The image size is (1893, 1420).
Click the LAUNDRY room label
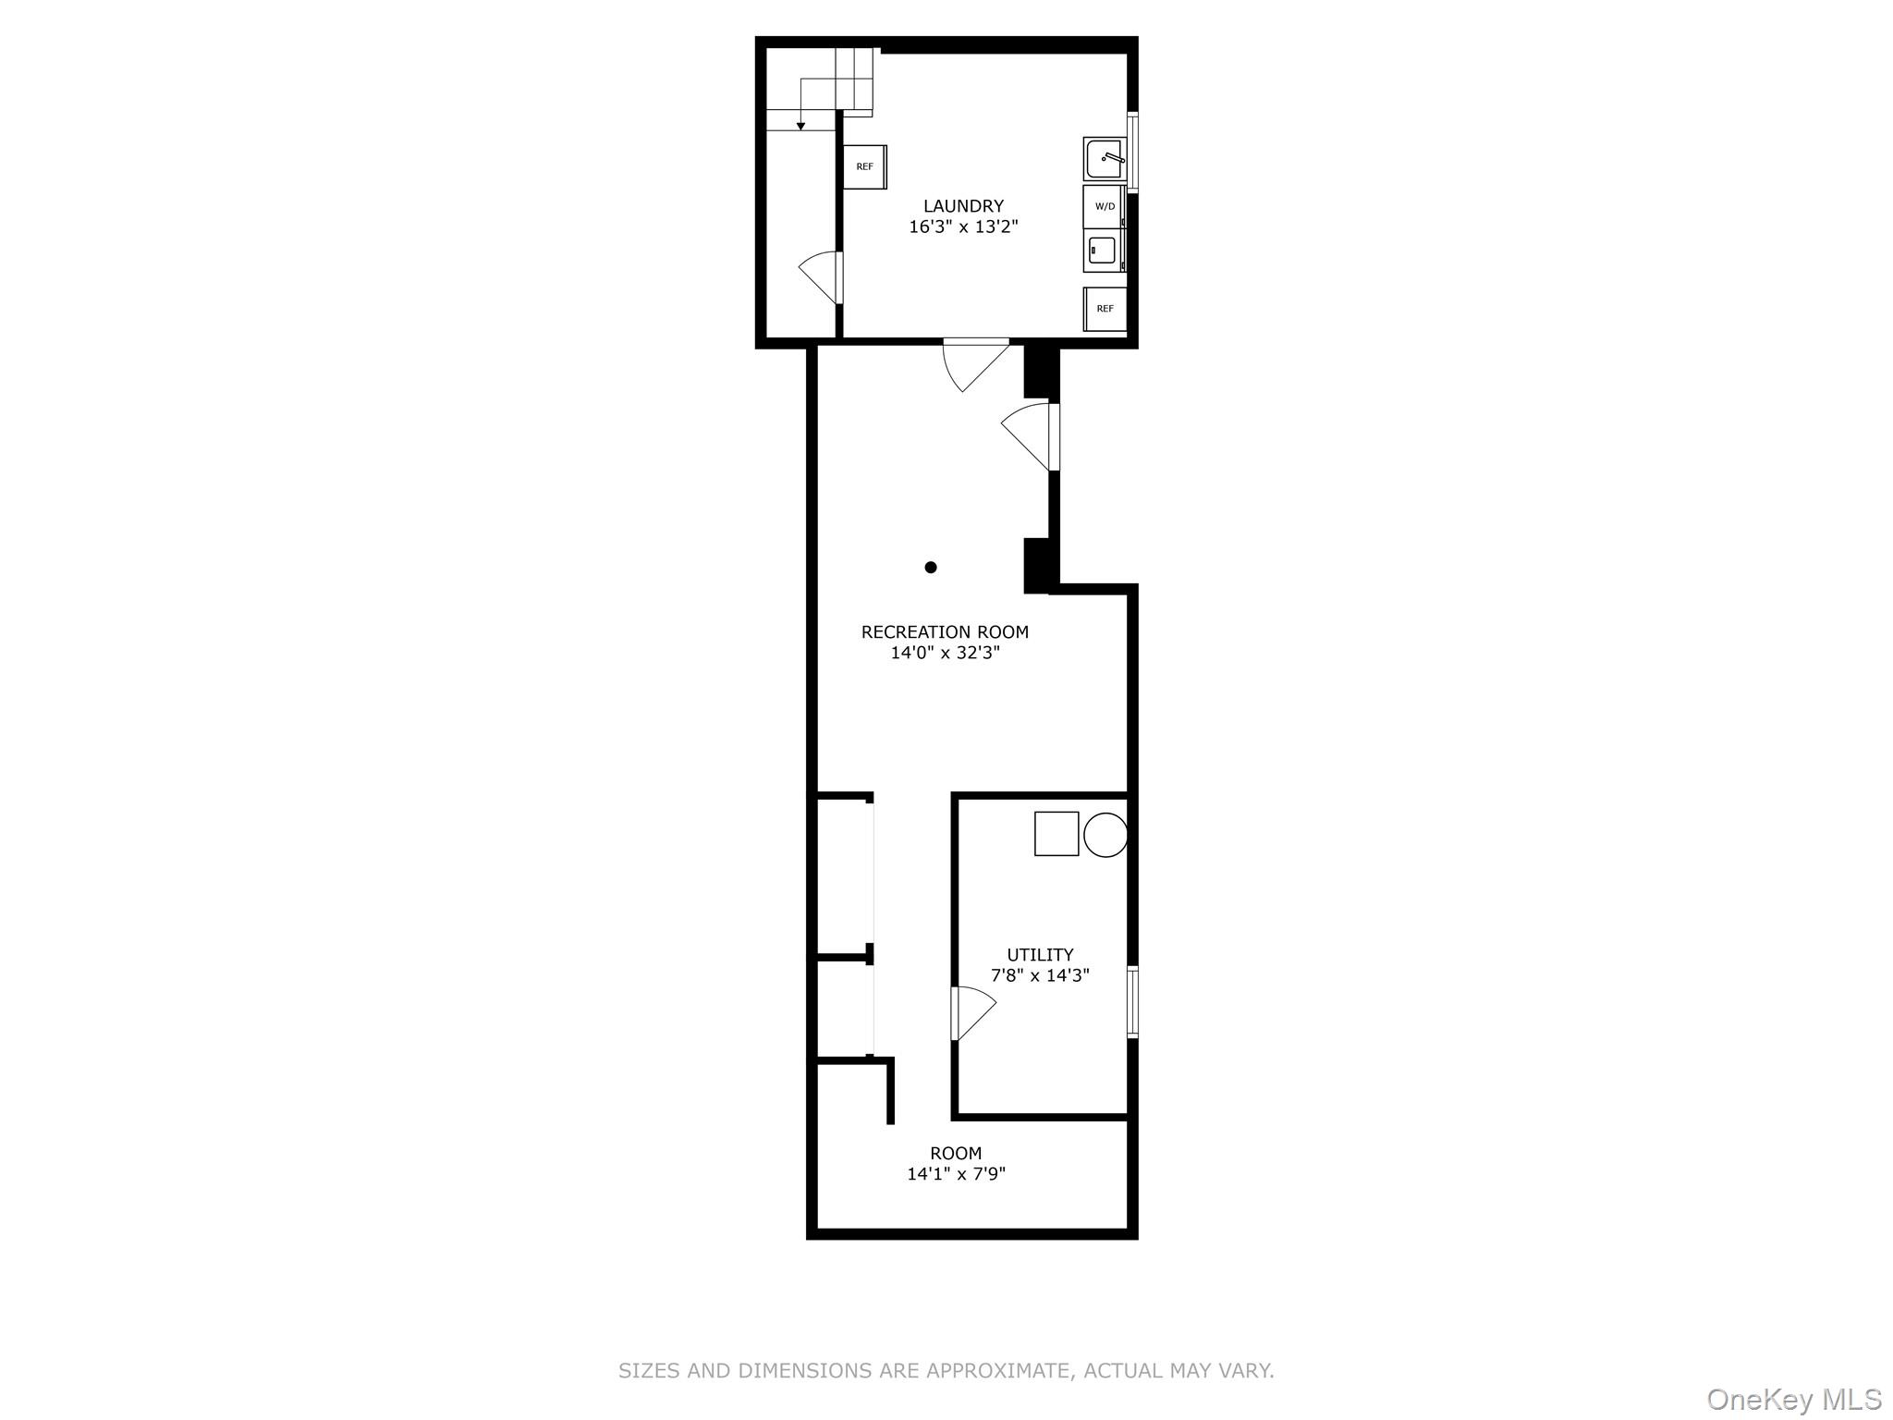click(963, 206)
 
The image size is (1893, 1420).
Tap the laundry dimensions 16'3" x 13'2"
click(963, 226)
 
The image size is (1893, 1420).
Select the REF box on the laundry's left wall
click(864, 167)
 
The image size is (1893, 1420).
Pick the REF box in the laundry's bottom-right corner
click(1105, 309)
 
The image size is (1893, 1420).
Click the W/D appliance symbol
click(1105, 207)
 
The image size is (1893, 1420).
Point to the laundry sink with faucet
click(1105, 159)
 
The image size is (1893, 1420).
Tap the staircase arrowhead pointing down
click(800, 126)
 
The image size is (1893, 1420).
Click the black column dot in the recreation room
click(931, 568)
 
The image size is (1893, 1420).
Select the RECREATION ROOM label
click(945, 632)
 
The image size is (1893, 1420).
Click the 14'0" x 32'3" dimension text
click(945, 653)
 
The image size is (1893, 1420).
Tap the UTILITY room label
click(1040, 955)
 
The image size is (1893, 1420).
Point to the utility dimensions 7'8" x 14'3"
click(1040, 975)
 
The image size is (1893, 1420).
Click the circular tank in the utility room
click(1105, 835)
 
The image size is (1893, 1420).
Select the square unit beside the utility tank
click(1056, 834)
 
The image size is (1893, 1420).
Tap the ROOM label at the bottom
click(956, 1154)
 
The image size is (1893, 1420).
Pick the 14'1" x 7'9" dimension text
click(956, 1174)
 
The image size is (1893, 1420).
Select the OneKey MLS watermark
click(1793, 1399)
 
